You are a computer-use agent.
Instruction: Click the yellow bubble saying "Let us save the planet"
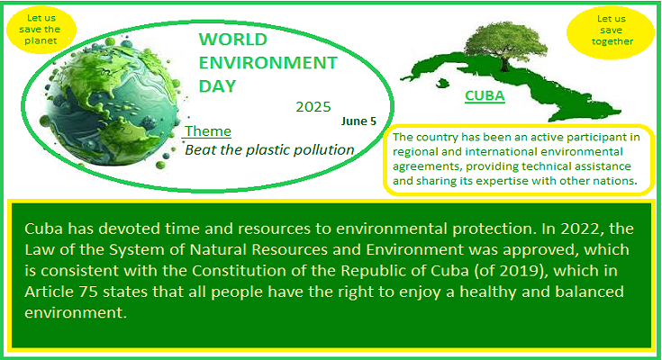41,30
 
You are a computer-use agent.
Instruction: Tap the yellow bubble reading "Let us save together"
611,31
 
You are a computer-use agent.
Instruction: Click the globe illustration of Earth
112,103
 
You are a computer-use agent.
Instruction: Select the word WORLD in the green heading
232,40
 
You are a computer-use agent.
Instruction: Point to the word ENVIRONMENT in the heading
268,63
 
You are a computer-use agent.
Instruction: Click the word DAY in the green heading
217,86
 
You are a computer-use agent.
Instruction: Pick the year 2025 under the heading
313,107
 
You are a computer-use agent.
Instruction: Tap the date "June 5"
358,121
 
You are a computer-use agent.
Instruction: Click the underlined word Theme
208,130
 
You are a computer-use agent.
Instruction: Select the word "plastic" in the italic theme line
268,149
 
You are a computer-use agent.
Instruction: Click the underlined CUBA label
485,95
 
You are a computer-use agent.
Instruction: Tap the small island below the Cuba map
441,83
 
